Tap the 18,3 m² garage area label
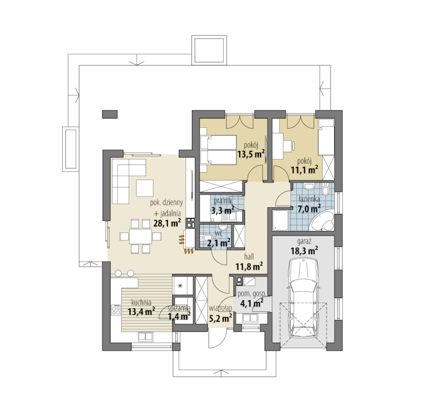[304, 251]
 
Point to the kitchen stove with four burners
[116, 310]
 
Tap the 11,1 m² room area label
[304, 170]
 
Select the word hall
[249, 257]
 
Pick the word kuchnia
[141, 302]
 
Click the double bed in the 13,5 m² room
[218, 150]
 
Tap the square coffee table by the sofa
[145, 188]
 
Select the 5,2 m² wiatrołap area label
[221, 319]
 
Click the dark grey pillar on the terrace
[110, 114]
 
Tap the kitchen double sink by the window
[145, 337]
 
